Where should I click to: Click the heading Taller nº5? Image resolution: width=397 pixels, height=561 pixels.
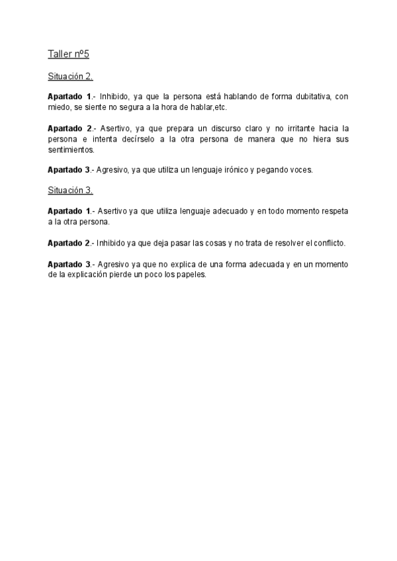(x=73, y=54)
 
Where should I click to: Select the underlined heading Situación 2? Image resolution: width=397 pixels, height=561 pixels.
(x=70, y=77)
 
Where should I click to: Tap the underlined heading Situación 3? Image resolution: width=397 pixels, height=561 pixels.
(x=70, y=191)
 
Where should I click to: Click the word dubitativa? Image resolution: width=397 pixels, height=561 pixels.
(x=306, y=96)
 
